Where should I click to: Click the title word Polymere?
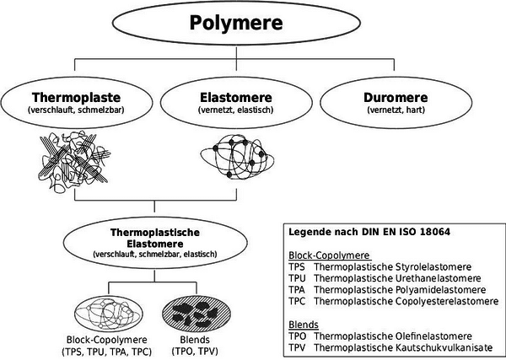236,23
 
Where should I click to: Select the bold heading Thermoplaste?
76,97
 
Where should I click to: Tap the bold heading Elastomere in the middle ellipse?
236,97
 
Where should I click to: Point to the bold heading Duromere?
396,97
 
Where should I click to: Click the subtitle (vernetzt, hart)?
396,110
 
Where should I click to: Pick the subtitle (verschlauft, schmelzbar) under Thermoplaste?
76,110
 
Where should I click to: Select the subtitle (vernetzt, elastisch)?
236,110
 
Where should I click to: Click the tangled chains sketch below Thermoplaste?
74,161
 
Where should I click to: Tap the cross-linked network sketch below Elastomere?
237,157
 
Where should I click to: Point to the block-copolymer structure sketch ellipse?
109,313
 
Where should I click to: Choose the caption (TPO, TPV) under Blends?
195,351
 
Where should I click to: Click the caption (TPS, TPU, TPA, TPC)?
106,352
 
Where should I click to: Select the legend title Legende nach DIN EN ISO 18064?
369,232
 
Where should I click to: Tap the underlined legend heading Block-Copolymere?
329,255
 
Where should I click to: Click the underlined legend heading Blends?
304,325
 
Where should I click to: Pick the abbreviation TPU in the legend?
297,278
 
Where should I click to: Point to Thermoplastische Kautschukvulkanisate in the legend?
403,347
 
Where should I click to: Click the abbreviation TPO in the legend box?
297,336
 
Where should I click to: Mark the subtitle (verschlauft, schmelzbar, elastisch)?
155,255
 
